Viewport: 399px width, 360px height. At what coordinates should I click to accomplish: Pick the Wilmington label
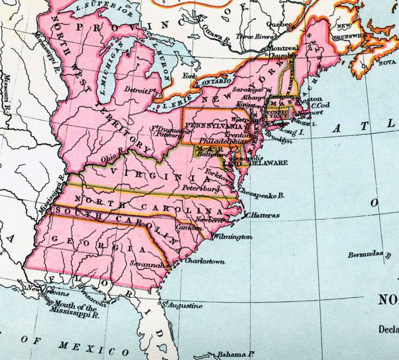coord(232,236)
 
